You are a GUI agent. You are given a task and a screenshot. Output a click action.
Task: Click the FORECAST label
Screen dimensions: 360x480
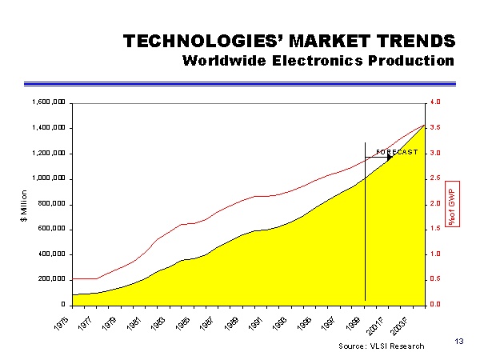(397, 152)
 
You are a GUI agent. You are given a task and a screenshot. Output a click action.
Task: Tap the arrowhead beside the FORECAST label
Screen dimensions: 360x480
(390, 158)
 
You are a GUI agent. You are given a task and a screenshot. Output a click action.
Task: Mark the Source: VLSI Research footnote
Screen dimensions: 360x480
(381, 346)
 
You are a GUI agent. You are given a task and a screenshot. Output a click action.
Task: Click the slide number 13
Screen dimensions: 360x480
(458, 342)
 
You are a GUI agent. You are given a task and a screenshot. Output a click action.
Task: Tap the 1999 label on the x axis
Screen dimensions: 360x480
(354, 324)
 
